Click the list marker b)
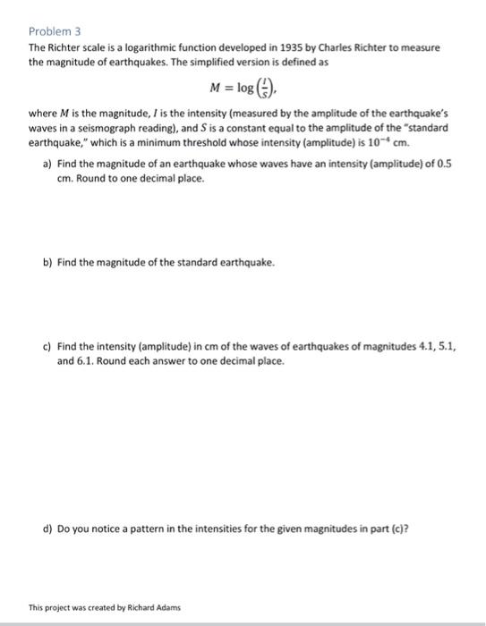click(x=47, y=263)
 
